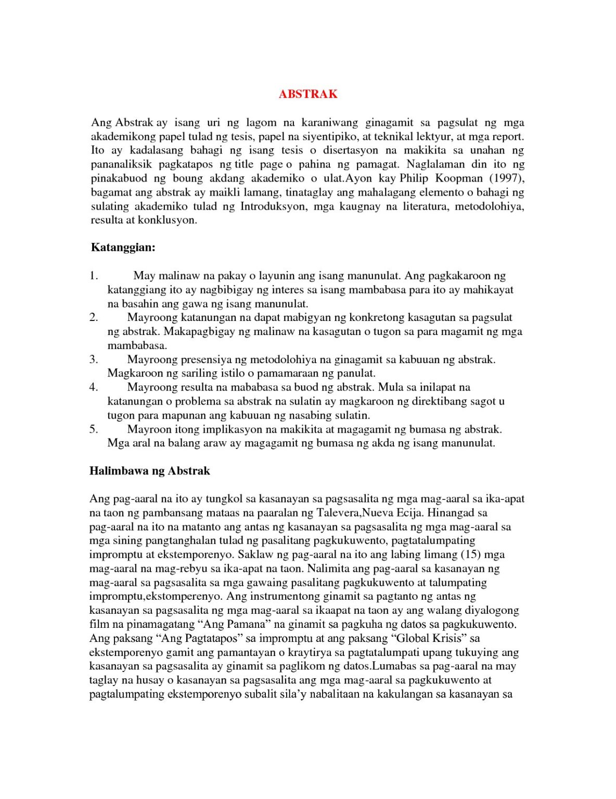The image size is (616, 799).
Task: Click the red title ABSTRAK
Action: tap(308, 94)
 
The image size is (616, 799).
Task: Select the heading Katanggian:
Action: tap(123, 247)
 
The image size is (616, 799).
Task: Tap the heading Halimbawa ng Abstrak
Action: tap(150, 471)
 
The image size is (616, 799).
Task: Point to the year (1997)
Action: tap(507, 178)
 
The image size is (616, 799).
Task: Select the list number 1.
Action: tap(94, 276)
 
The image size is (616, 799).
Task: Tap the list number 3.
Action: tap(94, 359)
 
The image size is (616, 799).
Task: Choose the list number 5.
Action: tap(94, 429)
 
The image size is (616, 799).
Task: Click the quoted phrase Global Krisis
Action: tap(427, 638)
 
